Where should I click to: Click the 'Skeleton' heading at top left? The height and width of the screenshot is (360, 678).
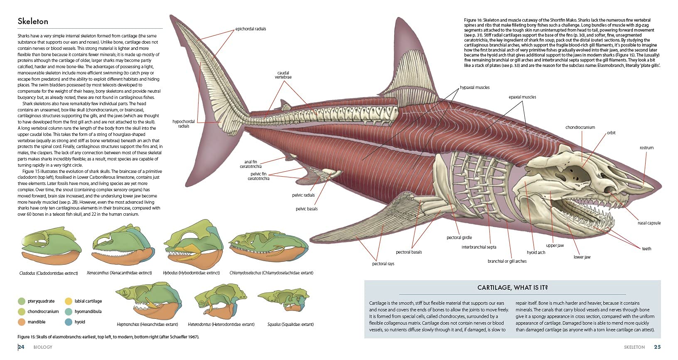33,21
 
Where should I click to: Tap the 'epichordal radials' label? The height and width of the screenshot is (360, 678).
251,29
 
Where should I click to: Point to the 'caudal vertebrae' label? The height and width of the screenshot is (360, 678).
283,75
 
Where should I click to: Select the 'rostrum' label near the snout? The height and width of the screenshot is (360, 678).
646,148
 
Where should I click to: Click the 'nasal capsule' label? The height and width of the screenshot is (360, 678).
649,223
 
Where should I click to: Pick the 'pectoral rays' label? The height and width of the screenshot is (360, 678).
383,264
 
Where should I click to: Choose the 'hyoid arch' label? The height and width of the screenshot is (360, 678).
536,252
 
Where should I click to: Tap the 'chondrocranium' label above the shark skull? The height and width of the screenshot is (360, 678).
580,128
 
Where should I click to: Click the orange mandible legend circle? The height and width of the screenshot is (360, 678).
22,322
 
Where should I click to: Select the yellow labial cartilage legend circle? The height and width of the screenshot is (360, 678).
69,301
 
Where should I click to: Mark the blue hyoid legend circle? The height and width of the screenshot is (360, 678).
69,322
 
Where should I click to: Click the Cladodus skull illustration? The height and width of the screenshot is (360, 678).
51,246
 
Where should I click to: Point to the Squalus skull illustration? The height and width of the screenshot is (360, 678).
284,299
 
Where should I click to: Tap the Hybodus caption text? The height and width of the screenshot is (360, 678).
191,273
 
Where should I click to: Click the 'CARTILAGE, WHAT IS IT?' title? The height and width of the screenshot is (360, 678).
512,288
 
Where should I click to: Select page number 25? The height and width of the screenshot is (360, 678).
657,347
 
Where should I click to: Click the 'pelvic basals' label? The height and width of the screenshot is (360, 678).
307,209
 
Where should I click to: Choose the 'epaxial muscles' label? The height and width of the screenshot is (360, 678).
522,97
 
